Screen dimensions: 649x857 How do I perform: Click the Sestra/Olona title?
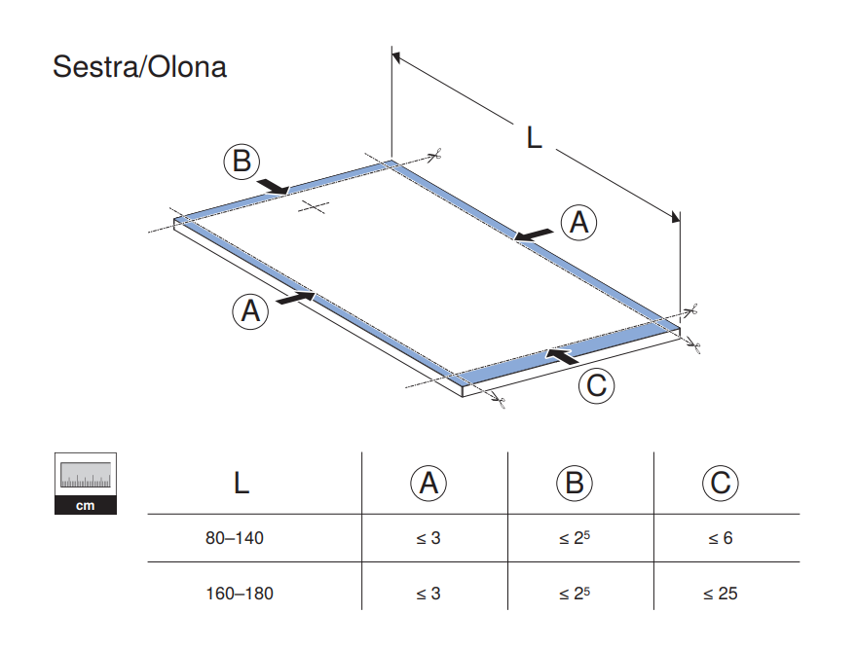[x=139, y=67]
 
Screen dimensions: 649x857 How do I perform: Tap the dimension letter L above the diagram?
[x=534, y=138]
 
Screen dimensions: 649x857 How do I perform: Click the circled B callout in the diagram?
[x=241, y=161]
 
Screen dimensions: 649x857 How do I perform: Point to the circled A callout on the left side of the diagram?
[x=250, y=311]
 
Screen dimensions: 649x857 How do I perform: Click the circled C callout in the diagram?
[x=596, y=386]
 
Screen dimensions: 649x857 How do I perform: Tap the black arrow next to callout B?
[x=272, y=185]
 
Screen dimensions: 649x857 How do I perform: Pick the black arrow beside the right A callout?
[x=535, y=234]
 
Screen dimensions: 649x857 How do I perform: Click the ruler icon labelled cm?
[x=88, y=483]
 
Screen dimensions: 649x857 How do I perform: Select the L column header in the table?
[x=242, y=483]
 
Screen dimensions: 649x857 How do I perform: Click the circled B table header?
[x=575, y=483]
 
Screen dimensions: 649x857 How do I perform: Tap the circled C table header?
[x=721, y=483]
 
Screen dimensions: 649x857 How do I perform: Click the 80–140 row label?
[x=235, y=538]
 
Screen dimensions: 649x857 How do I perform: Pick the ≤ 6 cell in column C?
[x=721, y=538]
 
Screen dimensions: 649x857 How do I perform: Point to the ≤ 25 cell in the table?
[x=721, y=593]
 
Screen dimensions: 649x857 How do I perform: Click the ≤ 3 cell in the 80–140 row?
[x=428, y=538]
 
